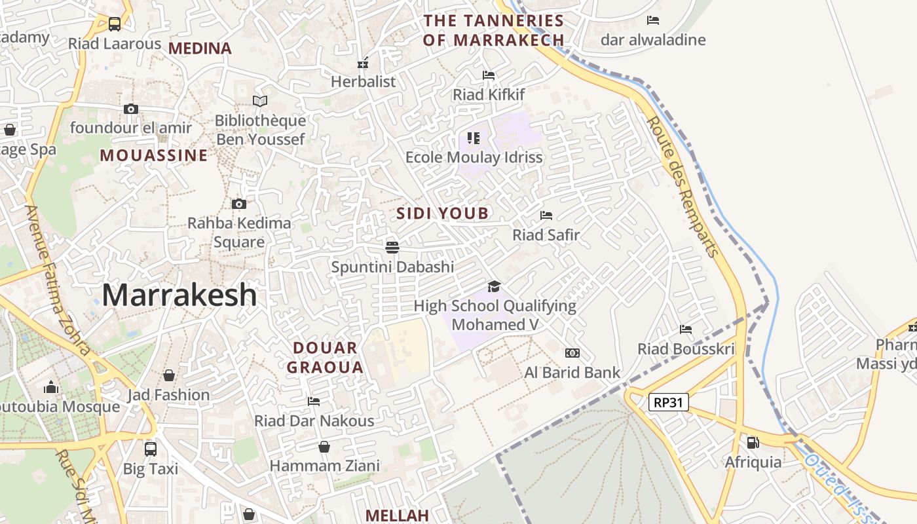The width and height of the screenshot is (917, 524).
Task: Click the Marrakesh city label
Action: (179, 295)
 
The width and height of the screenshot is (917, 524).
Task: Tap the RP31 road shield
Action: (668, 402)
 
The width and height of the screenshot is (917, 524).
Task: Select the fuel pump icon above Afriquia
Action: (753, 443)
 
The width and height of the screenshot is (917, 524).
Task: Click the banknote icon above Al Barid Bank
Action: (572, 354)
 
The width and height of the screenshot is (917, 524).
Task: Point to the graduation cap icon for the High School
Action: (495, 287)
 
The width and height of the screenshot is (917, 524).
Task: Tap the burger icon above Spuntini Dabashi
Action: (392, 247)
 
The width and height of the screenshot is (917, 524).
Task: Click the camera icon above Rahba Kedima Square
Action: (239, 204)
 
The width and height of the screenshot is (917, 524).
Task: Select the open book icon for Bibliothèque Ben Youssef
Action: (260, 101)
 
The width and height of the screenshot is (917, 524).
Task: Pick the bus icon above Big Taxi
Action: (151, 449)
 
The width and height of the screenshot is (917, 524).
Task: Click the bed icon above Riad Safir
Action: (546, 215)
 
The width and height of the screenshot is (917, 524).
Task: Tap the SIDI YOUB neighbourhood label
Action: (443, 213)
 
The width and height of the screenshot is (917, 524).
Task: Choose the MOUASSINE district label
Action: (154, 155)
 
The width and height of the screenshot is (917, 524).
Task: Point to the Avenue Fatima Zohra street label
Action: (58, 280)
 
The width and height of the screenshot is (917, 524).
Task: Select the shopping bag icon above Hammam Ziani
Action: (324, 447)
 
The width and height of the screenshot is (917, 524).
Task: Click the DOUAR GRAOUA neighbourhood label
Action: (325, 358)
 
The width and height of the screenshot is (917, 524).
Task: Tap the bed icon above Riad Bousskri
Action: (686, 329)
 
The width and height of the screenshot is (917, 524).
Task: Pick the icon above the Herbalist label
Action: (363, 64)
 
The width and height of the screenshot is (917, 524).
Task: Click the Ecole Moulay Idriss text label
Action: (474, 158)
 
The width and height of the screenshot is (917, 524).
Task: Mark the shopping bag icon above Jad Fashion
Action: (169, 375)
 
